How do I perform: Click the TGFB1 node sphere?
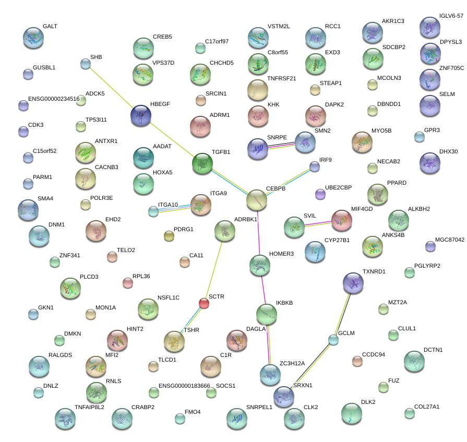click(x=202, y=163)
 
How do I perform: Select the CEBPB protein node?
click(x=256, y=200)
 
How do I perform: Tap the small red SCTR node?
click(x=204, y=303)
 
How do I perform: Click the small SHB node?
click(x=86, y=64)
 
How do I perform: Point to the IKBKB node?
click(x=267, y=314)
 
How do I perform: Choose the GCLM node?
click(x=333, y=340)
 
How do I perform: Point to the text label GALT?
click(x=50, y=26)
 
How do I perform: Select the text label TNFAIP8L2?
click(x=89, y=407)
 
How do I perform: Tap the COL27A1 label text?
click(x=427, y=407)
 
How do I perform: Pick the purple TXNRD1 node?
click(x=353, y=283)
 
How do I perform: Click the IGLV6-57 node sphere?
click(x=429, y=28)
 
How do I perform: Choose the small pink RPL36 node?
click(x=127, y=283)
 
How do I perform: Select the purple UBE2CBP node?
click(x=320, y=195)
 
